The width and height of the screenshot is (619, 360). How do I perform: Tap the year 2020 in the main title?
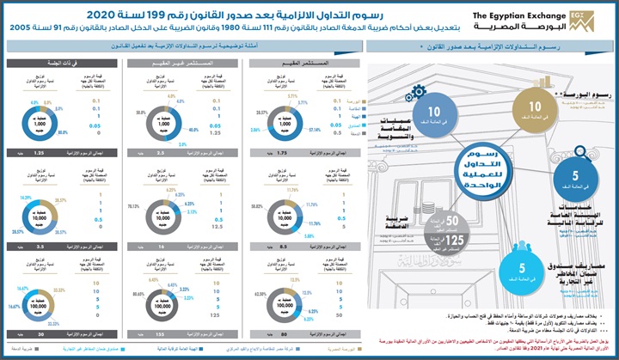point(211,15)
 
